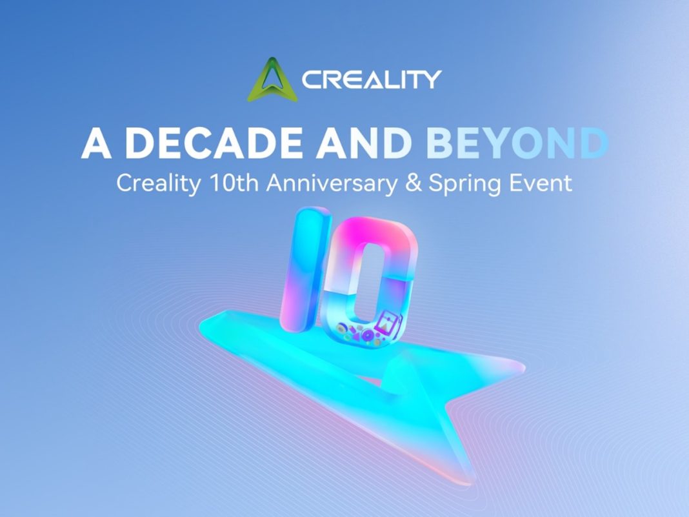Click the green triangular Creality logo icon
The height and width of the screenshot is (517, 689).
272,80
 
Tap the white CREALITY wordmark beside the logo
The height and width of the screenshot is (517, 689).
372,79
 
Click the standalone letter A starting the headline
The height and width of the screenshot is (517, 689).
96,143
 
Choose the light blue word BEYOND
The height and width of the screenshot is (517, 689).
517,143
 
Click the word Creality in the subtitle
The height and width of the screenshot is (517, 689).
159,183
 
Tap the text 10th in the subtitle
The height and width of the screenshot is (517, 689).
234,183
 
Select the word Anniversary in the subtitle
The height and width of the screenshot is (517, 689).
332,183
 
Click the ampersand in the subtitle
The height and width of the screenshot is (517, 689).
413,183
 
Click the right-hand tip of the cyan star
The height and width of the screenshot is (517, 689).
524,366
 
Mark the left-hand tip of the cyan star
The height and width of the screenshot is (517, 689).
201,325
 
